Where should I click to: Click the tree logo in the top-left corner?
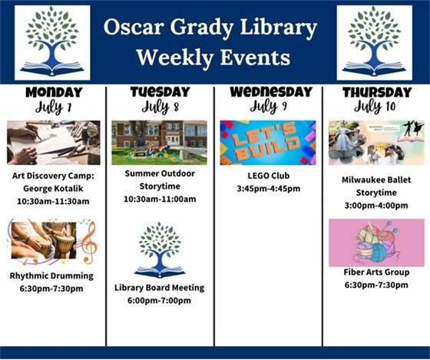[52, 43]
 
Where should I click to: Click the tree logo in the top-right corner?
[374, 43]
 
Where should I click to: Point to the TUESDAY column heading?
[160, 91]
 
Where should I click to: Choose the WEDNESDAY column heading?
[268, 91]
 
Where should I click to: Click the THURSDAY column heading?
[375, 92]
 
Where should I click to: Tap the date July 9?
[268, 107]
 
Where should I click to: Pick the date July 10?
[375, 107]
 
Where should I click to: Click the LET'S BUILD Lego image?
[267, 142]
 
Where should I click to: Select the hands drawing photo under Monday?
[53, 142]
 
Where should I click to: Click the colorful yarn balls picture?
[375, 243]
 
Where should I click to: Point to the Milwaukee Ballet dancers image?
[375, 142]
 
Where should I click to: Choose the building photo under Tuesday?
[159, 142]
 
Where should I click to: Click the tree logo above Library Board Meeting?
[159, 249]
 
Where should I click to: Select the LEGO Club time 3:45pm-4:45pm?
[268, 188]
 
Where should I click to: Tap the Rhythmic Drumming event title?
[52, 276]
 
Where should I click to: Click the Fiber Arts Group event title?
[375, 272]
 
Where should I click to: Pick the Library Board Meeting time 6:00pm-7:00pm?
[159, 300]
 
